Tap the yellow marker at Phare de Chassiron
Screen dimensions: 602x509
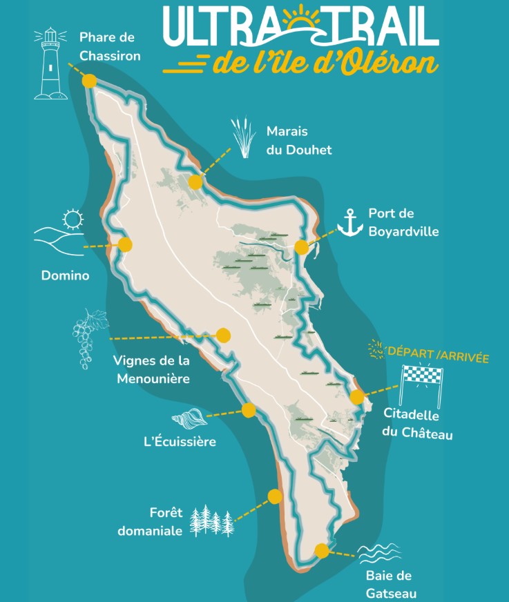click(89, 81)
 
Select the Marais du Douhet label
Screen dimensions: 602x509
click(298, 140)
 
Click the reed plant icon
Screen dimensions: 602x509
click(242, 138)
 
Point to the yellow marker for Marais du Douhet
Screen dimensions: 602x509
click(195, 182)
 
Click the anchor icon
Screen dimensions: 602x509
click(350, 222)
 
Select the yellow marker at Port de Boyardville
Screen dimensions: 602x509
click(301, 247)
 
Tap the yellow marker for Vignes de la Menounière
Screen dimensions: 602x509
click(222, 336)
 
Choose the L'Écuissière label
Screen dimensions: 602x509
click(180, 441)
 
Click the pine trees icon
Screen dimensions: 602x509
click(212, 521)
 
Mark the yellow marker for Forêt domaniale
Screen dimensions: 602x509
click(275, 496)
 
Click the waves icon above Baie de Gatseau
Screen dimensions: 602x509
click(379, 553)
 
